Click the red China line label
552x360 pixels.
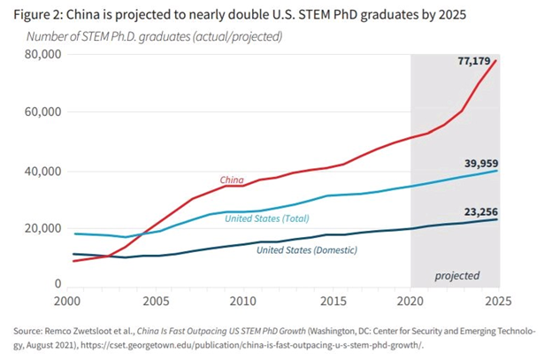pyautogui.click(x=232, y=180)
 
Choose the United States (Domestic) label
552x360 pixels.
pyautogui.click(x=306, y=250)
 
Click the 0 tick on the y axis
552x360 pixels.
pyautogui.click(x=57, y=285)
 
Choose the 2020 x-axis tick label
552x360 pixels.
pyautogui.click(x=412, y=301)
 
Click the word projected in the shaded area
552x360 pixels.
pyautogui.click(x=456, y=275)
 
